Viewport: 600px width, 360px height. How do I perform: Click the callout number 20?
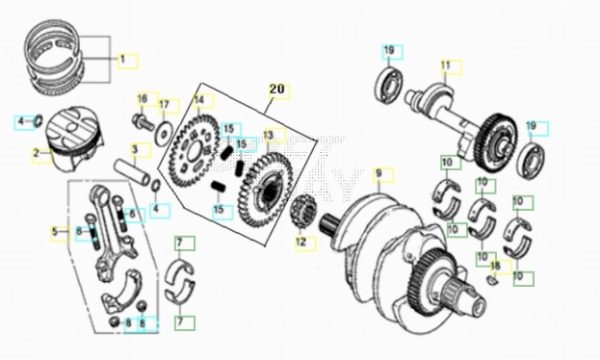pyautogui.click(x=277, y=90)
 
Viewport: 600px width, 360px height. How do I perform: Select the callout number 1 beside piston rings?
pyautogui.click(x=123, y=60)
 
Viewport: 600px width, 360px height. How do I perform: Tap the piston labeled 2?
pyautogui.click(x=74, y=140)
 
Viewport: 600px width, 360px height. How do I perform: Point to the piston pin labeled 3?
pyautogui.click(x=132, y=173)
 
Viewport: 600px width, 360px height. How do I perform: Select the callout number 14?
pyautogui.click(x=199, y=100)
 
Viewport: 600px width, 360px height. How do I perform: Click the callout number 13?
pyautogui.click(x=269, y=135)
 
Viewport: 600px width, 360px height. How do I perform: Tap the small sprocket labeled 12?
pyautogui.click(x=303, y=212)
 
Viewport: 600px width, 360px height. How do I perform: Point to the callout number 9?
pyautogui.click(x=378, y=173)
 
